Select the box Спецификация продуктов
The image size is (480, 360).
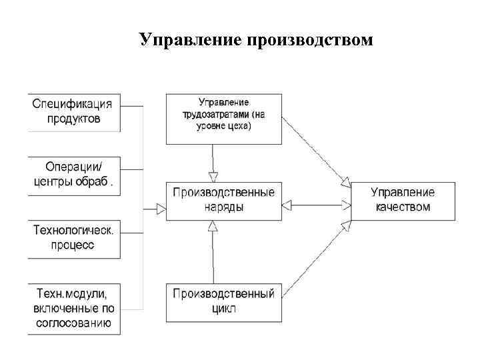pos(74,111)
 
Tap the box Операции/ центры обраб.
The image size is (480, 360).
pos(74,175)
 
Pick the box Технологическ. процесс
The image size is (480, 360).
pos(74,238)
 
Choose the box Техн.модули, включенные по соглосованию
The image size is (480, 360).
pos(74,309)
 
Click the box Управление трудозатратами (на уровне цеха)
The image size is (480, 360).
pos(223,118)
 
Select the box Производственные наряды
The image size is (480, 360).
pos(223,200)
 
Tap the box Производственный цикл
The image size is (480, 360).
pos(223,301)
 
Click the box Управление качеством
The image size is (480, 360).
pos(403,200)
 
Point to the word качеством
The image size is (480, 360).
pos(403,207)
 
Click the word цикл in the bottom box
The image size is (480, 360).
pos(223,309)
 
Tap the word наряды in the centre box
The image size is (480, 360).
pos(223,207)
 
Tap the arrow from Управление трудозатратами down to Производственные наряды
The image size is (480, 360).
pos(213,162)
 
